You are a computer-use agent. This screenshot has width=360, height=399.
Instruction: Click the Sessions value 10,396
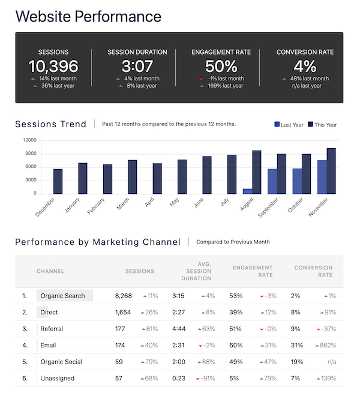tap(53, 66)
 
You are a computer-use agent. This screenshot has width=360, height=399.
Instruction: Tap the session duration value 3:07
tap(137, 66)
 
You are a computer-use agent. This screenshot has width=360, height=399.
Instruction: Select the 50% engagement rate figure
tap(221, 66)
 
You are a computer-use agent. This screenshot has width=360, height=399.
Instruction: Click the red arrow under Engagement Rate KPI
tap(202, 79)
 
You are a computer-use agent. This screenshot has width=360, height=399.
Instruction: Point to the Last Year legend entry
tap(289, 125)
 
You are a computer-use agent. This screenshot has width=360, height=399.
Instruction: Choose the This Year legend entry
tap(322, 125)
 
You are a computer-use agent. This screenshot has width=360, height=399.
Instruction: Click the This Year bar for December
tap(58, 181)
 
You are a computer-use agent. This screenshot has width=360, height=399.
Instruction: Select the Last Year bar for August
tap(247, 191)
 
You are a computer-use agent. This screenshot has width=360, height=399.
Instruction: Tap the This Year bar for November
tap(331, 170)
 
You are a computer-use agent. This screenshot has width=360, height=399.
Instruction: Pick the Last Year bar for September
tap(272, 181)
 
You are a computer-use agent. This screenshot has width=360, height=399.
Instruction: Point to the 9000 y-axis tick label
tap(29, 154)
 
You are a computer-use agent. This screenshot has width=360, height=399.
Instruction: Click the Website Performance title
tap(88, 16)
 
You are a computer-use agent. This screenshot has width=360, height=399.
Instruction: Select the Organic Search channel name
tap(62, 296)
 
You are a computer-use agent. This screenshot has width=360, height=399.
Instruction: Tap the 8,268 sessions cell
tap(127, 296)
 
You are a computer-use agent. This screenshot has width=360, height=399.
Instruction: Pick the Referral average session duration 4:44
tap(178, 329)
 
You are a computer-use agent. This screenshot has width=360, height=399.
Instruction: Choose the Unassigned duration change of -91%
tap(205, 379)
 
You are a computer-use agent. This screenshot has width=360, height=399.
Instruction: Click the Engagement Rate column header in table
tap(253, 271)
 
